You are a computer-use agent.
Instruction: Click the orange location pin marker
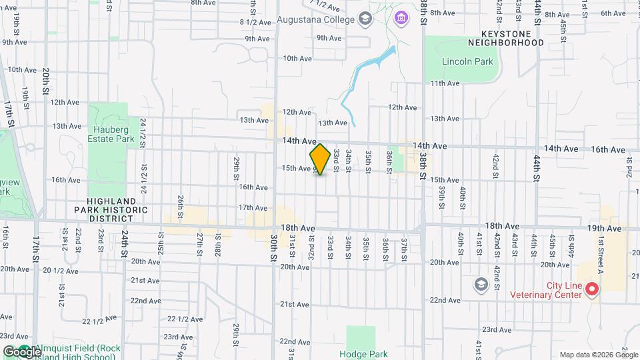(320, 159)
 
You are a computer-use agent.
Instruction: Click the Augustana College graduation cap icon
(365, 19)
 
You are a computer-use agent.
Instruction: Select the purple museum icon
(400, 16)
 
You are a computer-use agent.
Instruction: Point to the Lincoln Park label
(467, 61)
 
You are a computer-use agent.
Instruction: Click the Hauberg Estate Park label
(107, 135)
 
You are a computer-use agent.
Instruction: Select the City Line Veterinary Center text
(547, 290)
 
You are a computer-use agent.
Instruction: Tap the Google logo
(22, 351)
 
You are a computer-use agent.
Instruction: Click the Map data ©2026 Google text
(598, 355)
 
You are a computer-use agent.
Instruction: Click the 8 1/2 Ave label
(256, 22)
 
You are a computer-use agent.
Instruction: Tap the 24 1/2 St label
(143, 131)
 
